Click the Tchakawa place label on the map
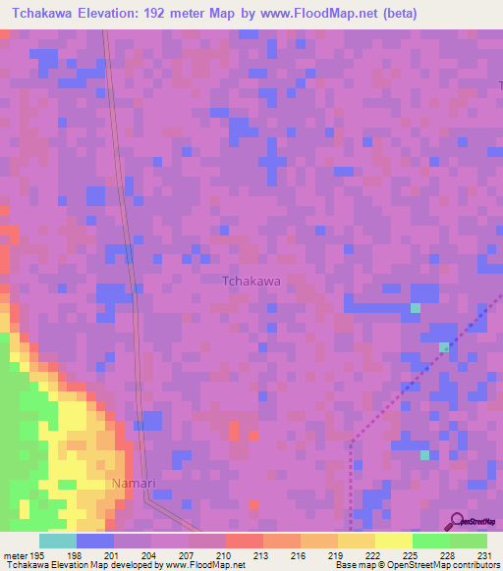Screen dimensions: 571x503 251,281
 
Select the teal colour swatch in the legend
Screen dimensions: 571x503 57,541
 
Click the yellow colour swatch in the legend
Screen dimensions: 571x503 393,541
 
